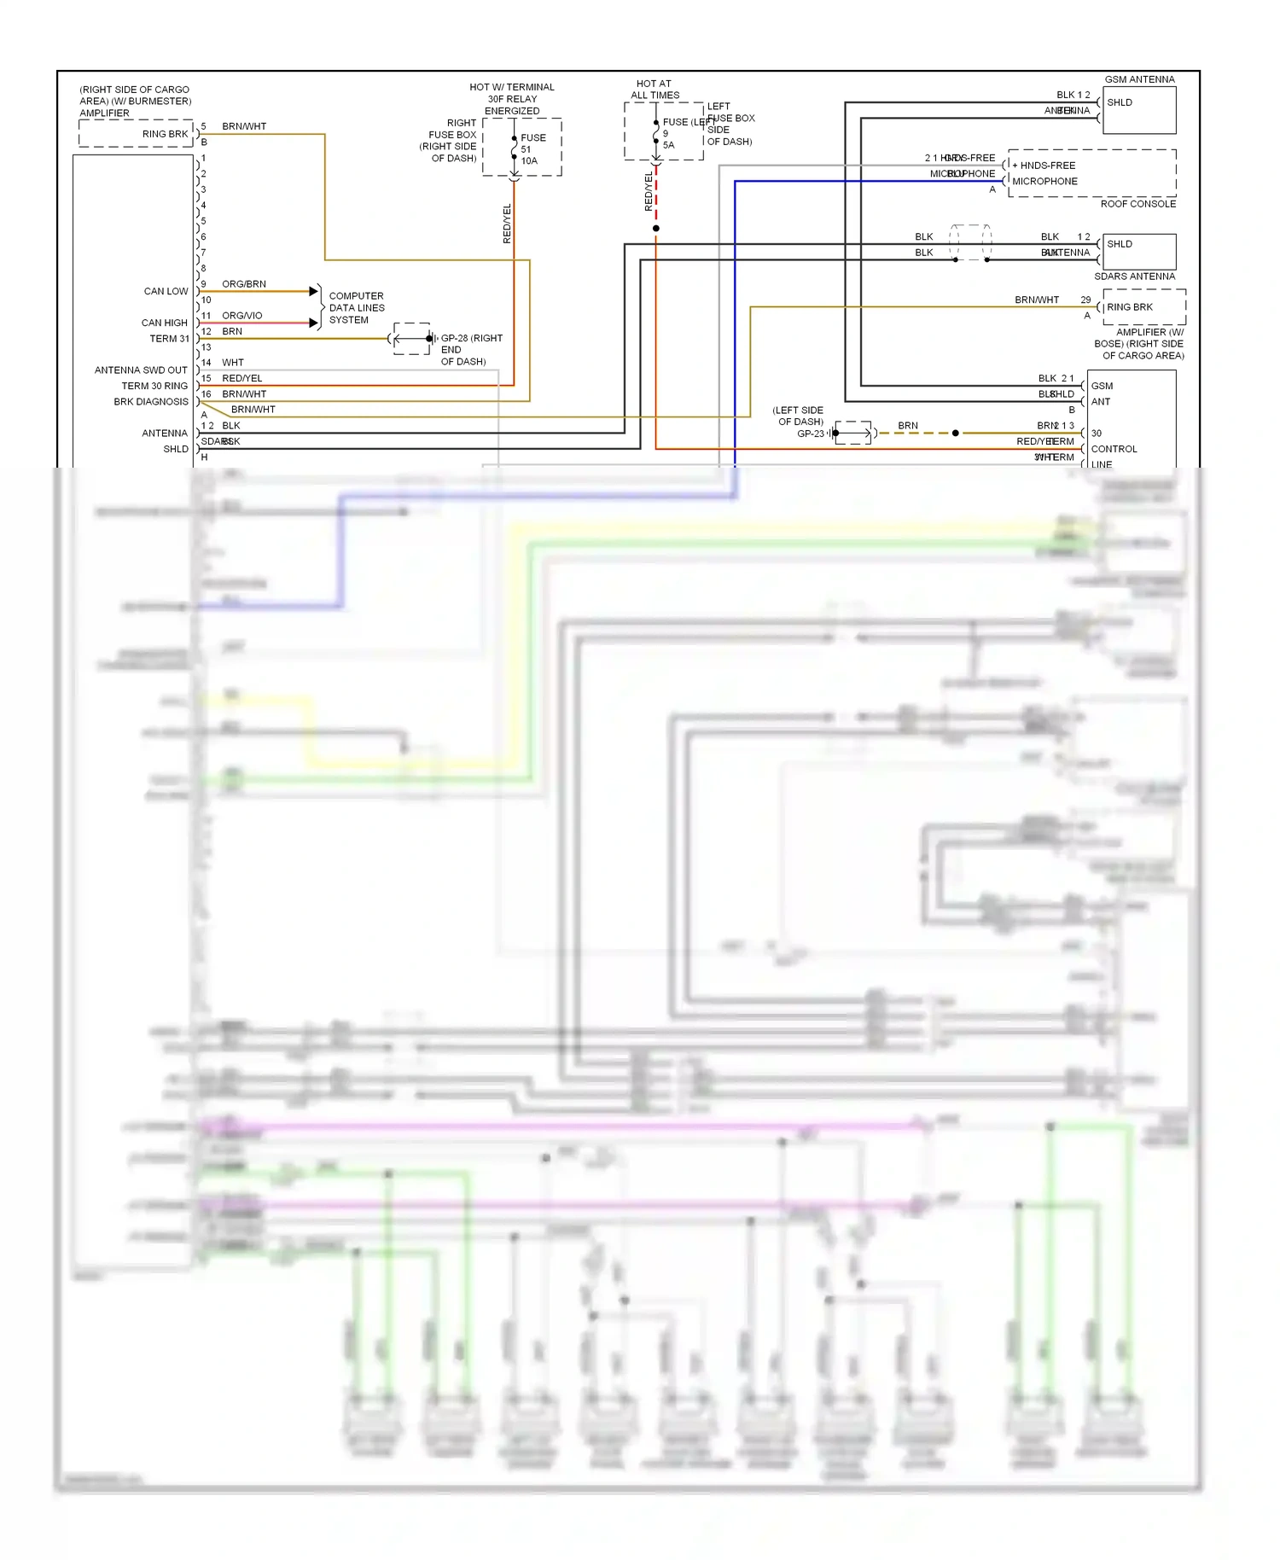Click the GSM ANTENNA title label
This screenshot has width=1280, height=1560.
[1139, 79]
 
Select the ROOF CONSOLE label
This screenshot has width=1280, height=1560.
[1137, 204]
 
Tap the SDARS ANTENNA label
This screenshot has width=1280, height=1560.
[1134, 276]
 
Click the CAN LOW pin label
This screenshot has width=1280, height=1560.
[166, 292]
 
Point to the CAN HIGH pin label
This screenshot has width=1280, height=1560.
[164, 323]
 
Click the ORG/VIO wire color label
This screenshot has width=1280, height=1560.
[242, 316]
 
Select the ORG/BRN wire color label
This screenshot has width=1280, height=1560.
[244, 284]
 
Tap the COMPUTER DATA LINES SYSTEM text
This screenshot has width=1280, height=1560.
[357, 308]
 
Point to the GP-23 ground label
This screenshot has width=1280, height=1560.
[810, 434]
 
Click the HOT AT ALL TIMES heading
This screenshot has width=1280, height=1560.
[655, 90]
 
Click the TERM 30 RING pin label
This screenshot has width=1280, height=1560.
[154, 387]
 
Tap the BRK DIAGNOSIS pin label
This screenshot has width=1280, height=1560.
[151, 402]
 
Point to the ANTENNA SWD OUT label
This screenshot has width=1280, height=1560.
[141, 370]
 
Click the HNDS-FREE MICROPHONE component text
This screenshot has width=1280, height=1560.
[1044, 173]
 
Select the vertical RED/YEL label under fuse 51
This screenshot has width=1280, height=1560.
[507, 224]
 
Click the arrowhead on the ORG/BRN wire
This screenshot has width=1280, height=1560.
[313, 292]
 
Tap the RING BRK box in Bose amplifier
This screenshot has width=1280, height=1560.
[1130, 307]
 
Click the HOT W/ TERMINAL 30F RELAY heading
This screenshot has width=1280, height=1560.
[512, 99]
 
